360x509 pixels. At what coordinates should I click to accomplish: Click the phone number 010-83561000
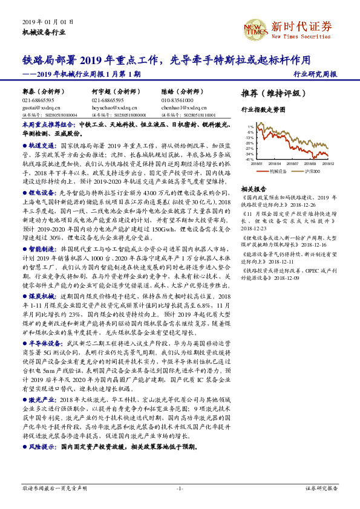click(175, 100)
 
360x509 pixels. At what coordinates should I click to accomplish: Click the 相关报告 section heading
click(253, 188)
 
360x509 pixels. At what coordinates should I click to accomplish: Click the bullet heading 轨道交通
click(44, 146)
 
